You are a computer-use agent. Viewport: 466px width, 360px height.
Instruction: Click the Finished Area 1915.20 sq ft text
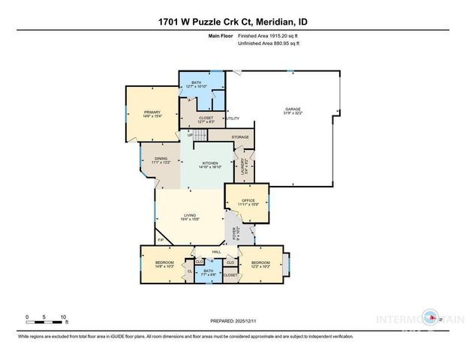tap(268, 34)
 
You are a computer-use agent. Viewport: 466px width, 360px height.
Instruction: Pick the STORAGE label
tap(240, 137)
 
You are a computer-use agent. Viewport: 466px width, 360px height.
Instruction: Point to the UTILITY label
tap(233, 118)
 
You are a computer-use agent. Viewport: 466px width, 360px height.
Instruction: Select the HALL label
tap(216, 252)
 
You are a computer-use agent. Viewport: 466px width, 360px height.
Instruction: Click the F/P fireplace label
tap(161, 240)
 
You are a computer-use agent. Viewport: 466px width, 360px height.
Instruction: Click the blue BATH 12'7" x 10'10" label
tap(197, 85)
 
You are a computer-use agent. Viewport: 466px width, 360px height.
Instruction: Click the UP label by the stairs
tap(190, 135)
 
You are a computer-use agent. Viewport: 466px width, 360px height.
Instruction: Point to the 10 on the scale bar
tap(65, 317)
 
